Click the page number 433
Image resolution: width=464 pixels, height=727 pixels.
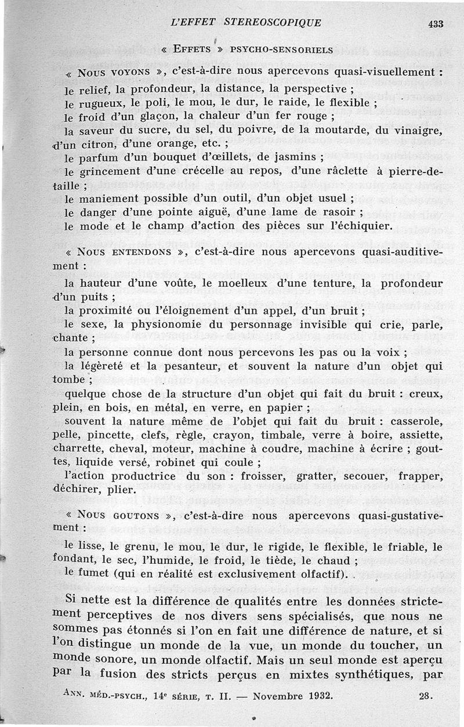click(x=436, y=24)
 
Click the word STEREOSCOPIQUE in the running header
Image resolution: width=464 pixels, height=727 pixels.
click(x=271, y=23)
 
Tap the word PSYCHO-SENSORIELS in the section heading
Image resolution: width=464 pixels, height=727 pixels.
click(x=282, y=49)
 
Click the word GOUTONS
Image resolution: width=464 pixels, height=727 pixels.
click(x=137, y=515)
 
